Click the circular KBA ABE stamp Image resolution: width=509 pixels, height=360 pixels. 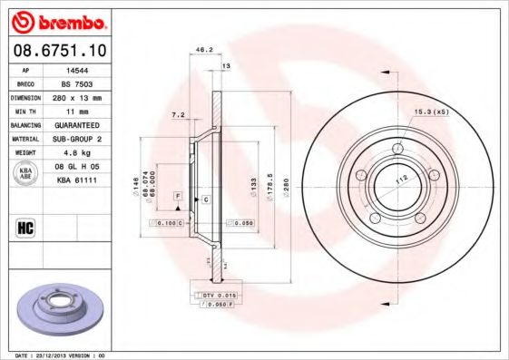(26, 172)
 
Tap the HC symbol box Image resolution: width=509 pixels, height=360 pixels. (25, 227)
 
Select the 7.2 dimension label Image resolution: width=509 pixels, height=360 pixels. (178, 115)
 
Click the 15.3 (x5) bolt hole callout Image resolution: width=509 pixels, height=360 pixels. (432, 112)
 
